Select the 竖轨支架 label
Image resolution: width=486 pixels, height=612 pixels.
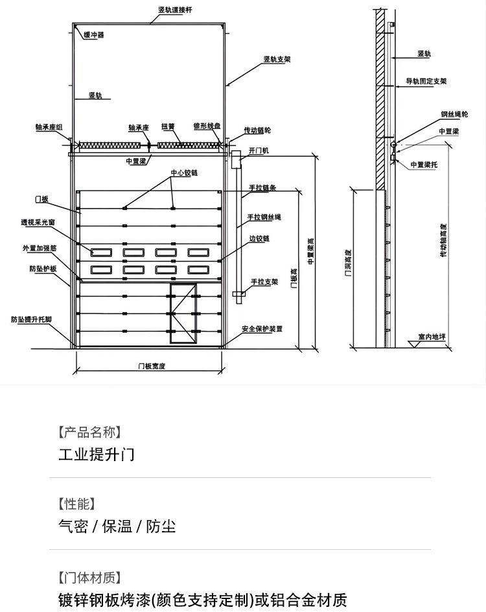coord(277,59)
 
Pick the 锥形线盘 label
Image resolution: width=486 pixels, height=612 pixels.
coord(207,126)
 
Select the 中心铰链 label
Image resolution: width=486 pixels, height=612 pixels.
coord(184,173)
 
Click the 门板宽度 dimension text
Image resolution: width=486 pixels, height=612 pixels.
coord(152,366)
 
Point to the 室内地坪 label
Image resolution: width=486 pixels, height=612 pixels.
coord(431,337)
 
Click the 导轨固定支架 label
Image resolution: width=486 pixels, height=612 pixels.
coord(426,81)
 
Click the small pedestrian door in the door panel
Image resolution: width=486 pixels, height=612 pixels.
coord(183,313)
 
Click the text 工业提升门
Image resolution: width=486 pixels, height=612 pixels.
coord(97,454)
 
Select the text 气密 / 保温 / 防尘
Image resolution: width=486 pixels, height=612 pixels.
coord(117,526)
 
